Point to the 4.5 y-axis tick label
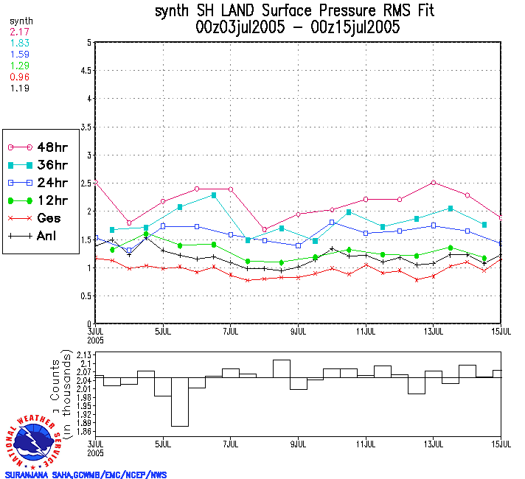pyautogui.click(x=86, y=71)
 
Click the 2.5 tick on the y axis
pyautogui.click(x=86, y=183)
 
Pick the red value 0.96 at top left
pyautogui.click(x=19, y=77)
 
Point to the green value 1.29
pyautogui.click(x=19, y=66)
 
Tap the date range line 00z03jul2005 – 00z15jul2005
pyautogui.click(x=298, y=28)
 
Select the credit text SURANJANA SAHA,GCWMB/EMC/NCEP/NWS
pyautogui.click(x=86, y=475)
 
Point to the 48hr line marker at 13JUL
pyautogui.click(x=434, y=182)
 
